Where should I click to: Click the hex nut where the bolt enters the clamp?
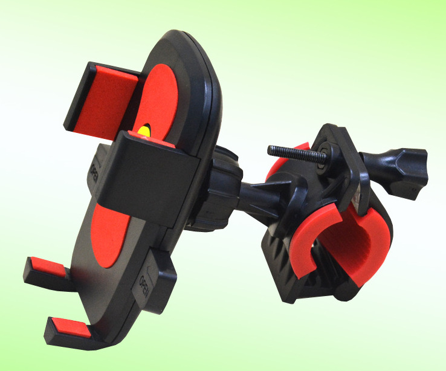(327, 153)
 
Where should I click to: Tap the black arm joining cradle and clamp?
(254, 193)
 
